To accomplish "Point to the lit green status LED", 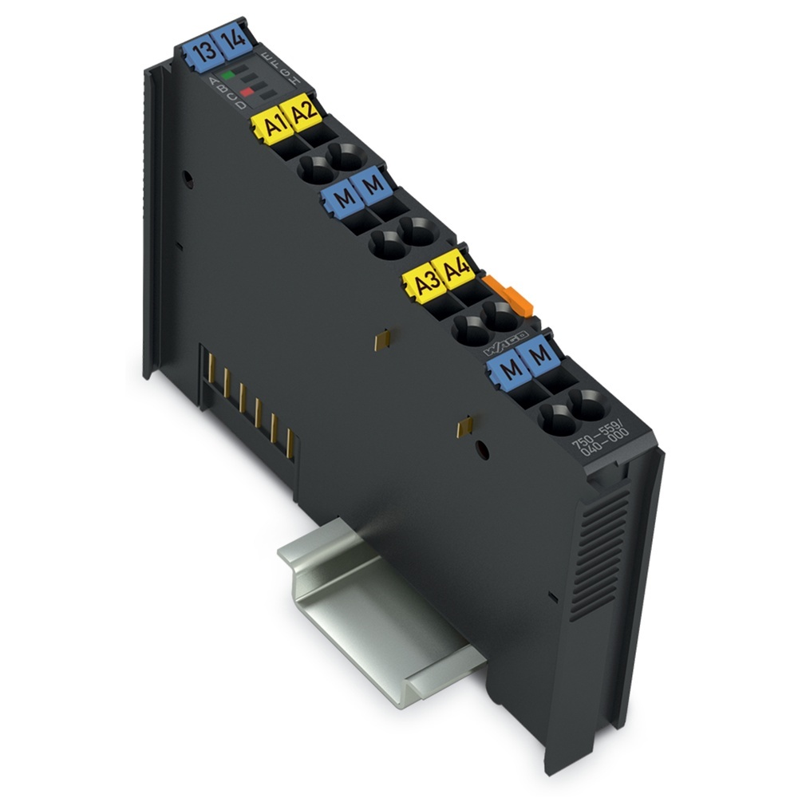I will point(228,75).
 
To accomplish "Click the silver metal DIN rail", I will point(375,606).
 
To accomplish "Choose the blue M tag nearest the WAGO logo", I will point(510,369).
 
